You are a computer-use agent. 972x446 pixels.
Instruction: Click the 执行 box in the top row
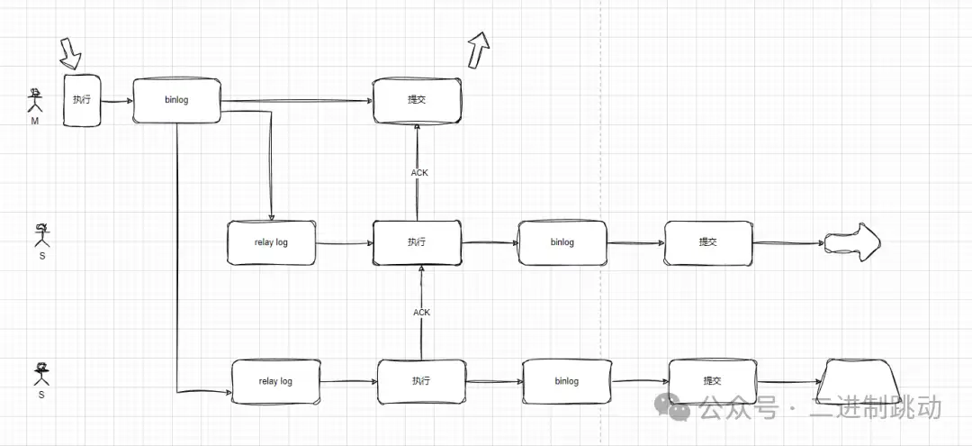[x=82, y=100]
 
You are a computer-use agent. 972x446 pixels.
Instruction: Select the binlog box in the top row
[x=177, y=100]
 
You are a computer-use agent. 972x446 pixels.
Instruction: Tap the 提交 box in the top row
[x=417, y=100]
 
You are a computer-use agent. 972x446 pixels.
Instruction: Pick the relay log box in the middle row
[x=272, y=242]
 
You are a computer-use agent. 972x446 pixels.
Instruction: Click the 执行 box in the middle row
[x=417, y=242]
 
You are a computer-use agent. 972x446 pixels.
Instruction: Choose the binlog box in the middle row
[x=562, y=242]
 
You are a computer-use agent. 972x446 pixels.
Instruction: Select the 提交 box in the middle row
[x=708, y=242]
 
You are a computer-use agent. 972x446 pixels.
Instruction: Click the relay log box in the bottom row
[x=275, y=381]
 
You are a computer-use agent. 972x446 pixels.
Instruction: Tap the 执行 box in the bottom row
[x=421, y=381]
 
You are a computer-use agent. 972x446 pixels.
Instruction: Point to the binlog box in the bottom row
[x=567, y=381]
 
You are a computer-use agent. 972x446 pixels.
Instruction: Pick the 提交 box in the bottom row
[x=712, y=381]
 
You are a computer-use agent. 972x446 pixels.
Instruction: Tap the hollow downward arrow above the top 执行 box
[x=70, y=54]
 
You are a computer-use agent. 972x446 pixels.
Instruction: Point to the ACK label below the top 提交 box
[x=419, y=172]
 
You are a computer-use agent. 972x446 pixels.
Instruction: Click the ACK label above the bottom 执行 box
[x=421, y=313]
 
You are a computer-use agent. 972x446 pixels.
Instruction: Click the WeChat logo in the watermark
[x=673, y=407]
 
